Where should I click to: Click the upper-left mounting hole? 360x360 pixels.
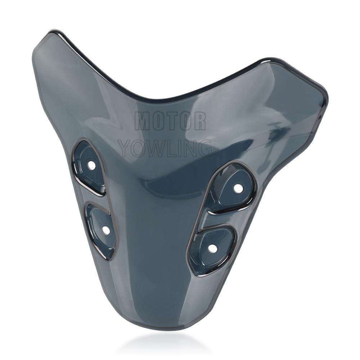(92, 165)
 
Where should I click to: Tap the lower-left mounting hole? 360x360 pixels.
(106, 229)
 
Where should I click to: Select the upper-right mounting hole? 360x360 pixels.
(238, 188)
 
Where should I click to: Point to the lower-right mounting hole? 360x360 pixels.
(212, 248)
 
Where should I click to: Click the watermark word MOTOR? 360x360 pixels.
(170, 121)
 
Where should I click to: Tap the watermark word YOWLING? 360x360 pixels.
(165, 148)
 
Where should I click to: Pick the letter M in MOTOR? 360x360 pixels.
(143, 121)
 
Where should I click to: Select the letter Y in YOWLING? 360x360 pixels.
(125, 148)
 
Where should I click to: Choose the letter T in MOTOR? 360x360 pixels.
(170, 121)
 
